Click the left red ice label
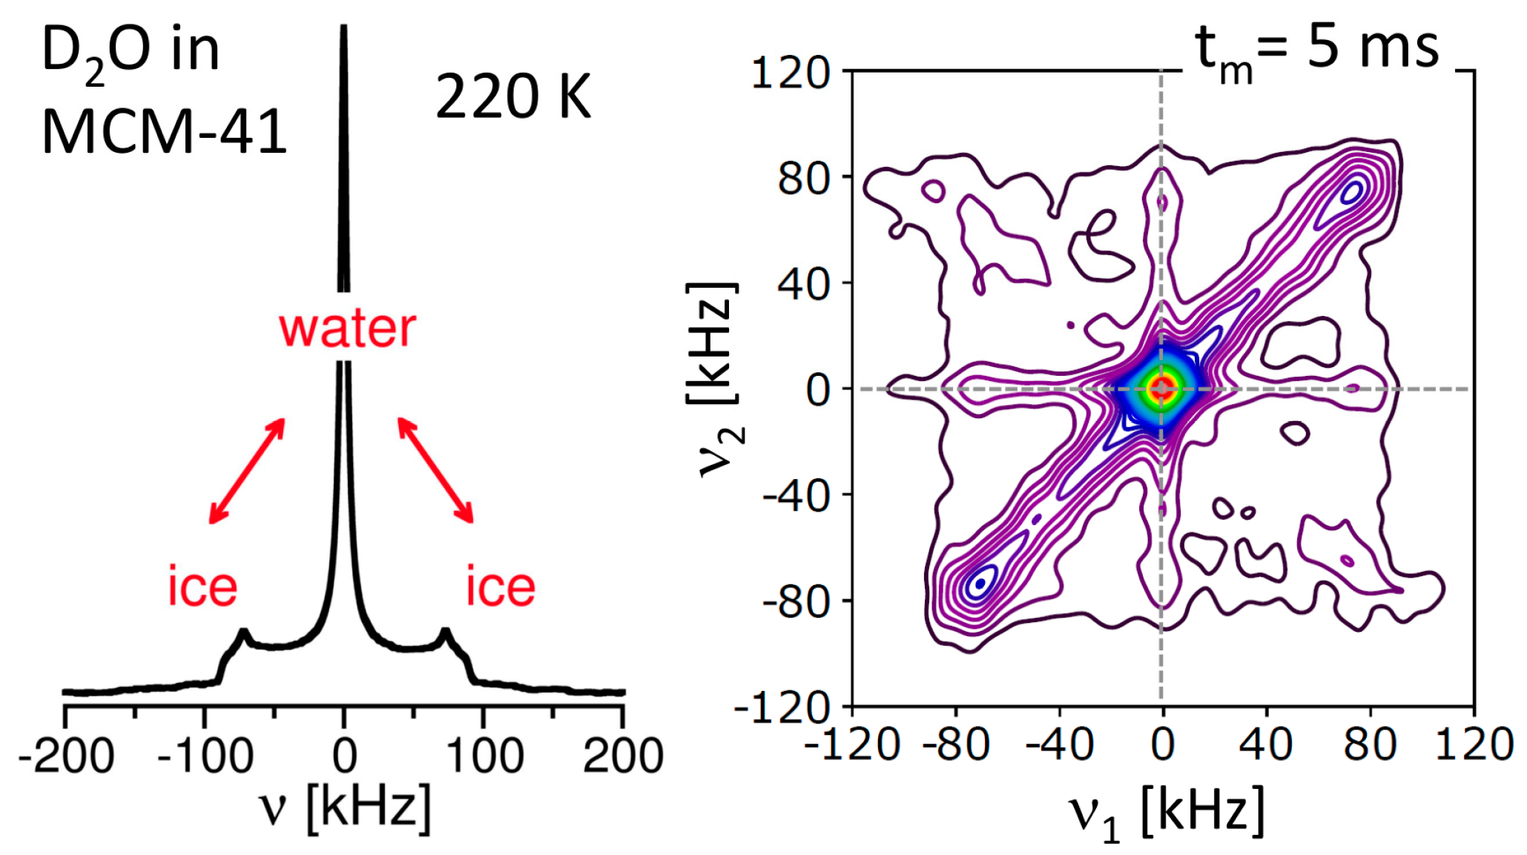click(202, 587)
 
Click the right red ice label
click(501, 587)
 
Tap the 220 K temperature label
click(513, 97)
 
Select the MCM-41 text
click(164, 133)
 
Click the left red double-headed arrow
click(247, 471)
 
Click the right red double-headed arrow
click(435, 471)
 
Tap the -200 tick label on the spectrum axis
click(66, 756)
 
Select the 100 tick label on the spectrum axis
click(484, 756)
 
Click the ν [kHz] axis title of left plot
click(345, 808)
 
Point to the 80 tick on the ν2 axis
click(802, 179)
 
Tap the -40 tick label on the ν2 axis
click(796, 496)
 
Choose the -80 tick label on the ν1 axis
click(956, 745)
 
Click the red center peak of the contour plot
click(1161, 388)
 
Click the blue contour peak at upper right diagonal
click(1353, 191)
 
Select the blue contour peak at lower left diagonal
click(980, 583)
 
